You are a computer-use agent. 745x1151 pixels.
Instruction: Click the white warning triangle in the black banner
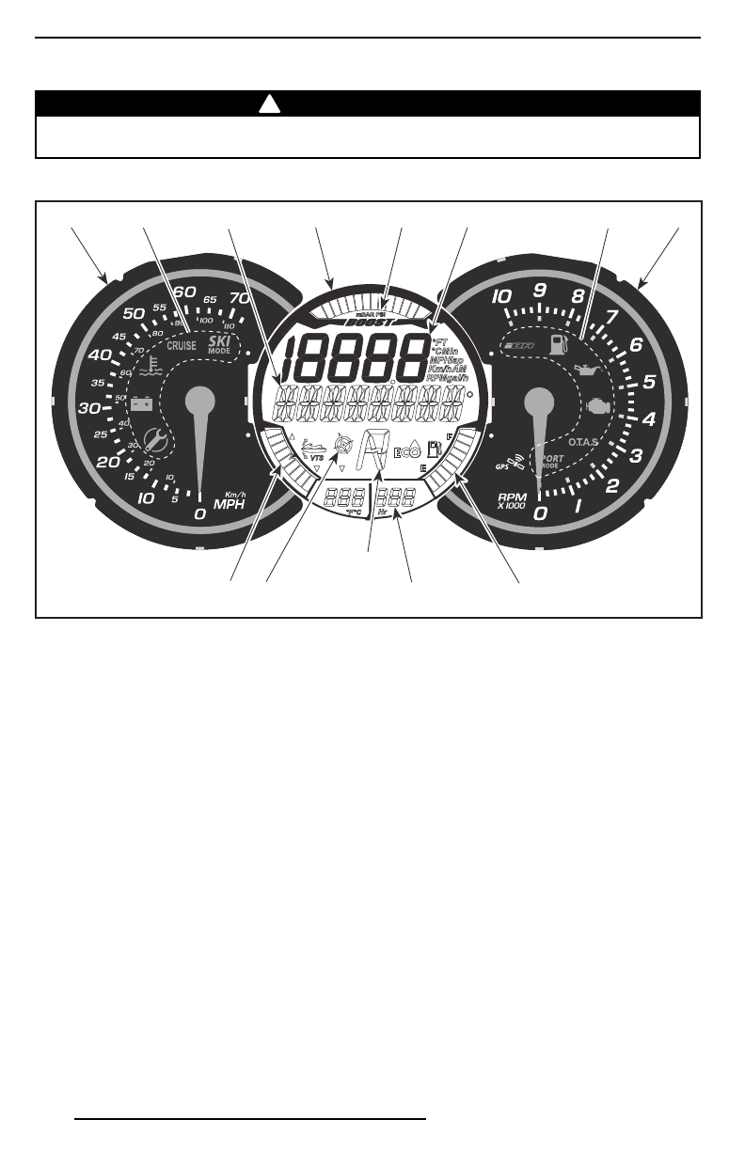pos(269,103)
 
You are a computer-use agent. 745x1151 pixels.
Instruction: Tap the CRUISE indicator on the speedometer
pos(182,345)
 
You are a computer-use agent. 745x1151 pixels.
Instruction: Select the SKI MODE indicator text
pos(219,345)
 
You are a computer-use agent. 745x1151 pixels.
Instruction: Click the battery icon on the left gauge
pos(142,404)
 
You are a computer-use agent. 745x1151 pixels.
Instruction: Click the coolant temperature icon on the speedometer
pos(148,366)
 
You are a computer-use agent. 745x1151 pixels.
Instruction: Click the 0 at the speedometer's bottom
pos(198,515)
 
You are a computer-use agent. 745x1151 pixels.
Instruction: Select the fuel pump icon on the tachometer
pos(558,345)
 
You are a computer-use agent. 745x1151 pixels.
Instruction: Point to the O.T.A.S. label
pos(589,441)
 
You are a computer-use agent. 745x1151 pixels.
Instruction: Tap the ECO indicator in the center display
pos(406,451)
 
